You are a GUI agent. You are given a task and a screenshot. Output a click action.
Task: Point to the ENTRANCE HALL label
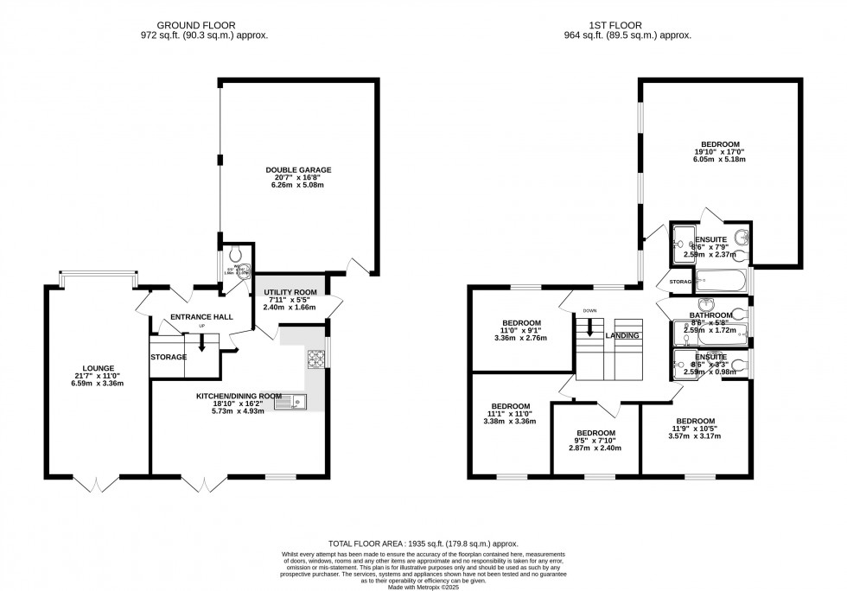click(202, 317)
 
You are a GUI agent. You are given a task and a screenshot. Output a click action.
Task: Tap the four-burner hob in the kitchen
click(314, 358)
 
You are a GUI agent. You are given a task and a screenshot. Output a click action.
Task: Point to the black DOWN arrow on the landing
click(589, 327)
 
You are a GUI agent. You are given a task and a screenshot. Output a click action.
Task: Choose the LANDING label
click(622, 336)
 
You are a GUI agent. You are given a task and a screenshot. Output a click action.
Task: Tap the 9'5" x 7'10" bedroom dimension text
click(595, 442)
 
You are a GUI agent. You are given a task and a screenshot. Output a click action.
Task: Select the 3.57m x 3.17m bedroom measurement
click(696, 436)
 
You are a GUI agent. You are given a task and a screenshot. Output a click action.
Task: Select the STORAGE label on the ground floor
click(168, 357)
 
